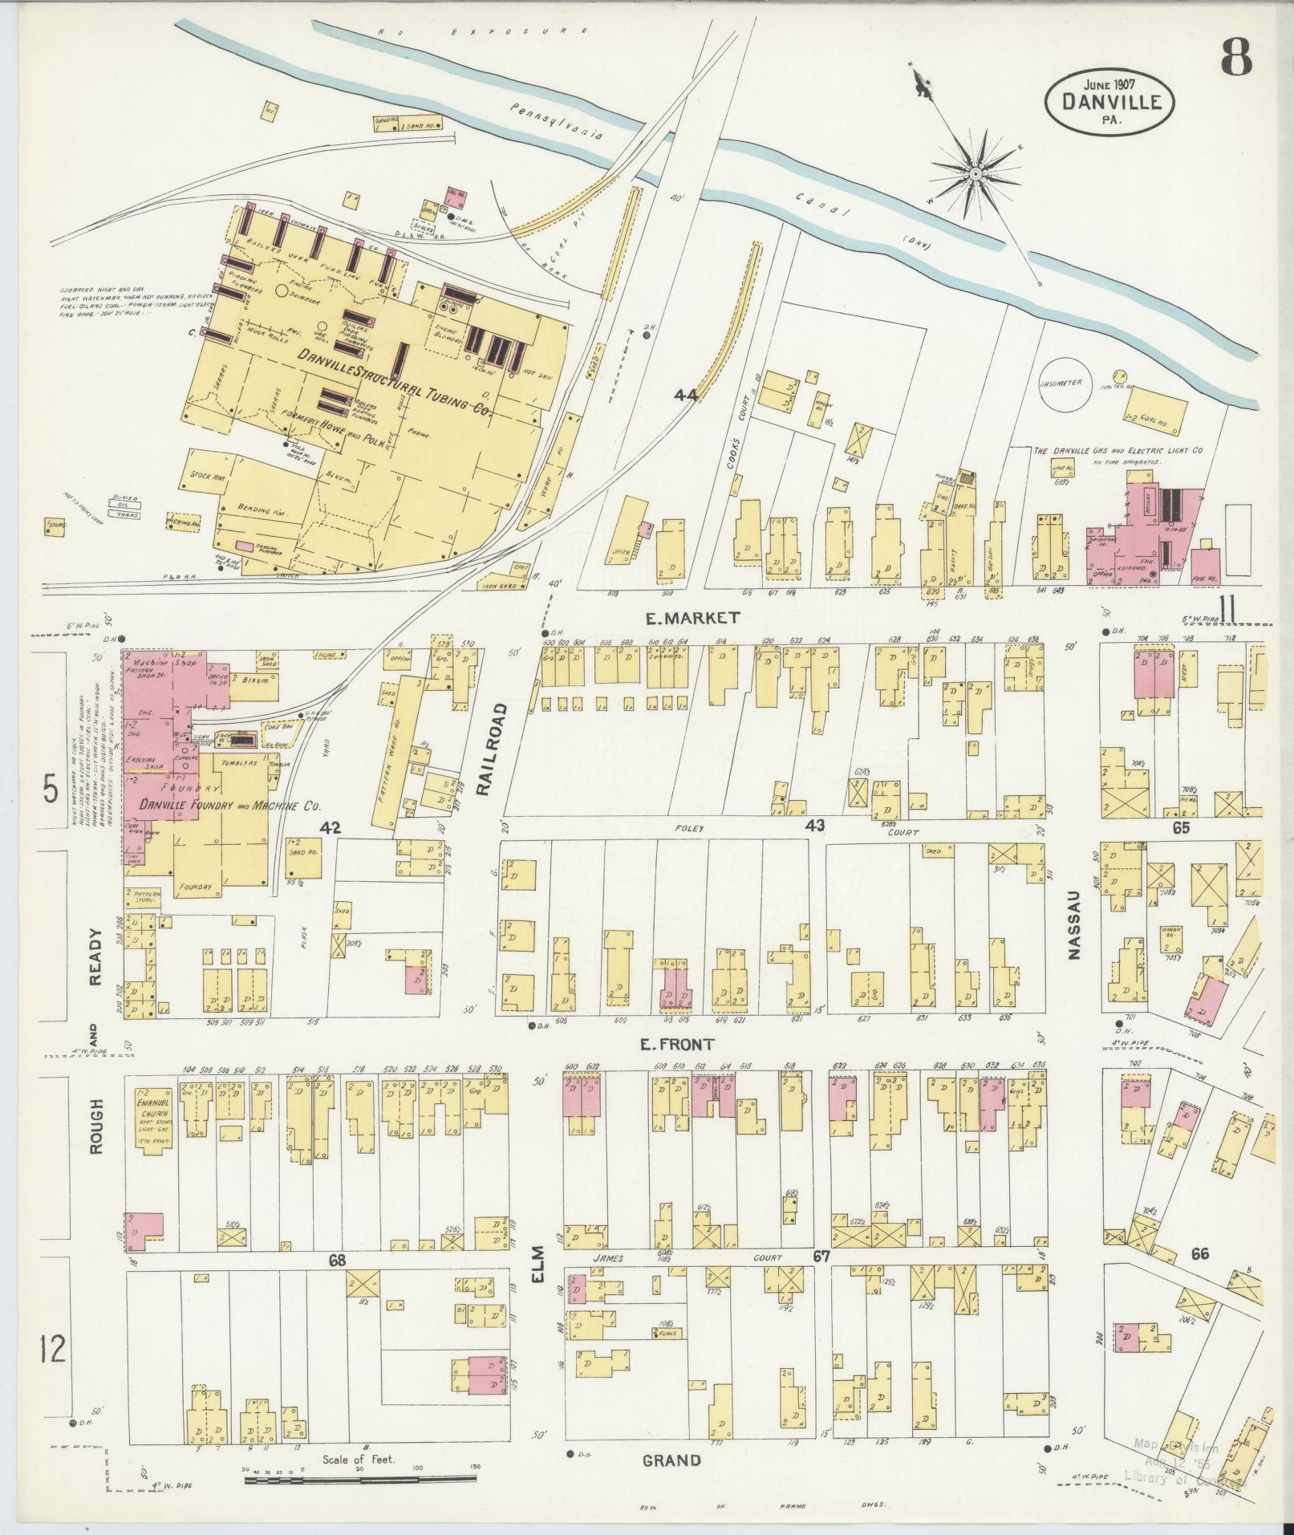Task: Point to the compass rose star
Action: [975, 174]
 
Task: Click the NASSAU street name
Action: [1075, 932]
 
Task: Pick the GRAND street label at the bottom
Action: [672, 1460]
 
